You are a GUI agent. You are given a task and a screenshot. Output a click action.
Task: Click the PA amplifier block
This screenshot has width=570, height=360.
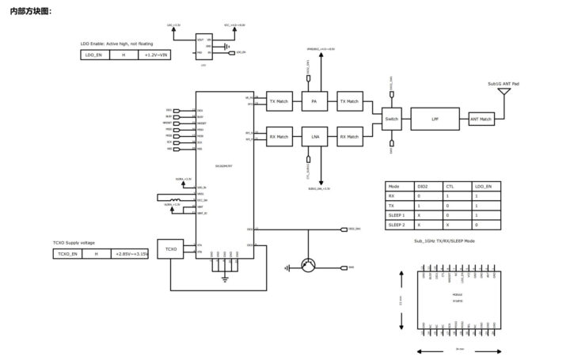[x=314, y=102]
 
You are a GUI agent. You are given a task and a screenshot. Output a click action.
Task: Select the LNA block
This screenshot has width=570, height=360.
[x=314, y=137]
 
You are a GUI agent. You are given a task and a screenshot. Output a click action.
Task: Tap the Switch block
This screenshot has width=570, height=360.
[x=392, y=119]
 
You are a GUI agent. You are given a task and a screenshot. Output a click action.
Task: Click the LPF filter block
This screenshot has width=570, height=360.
[x=435, y=119]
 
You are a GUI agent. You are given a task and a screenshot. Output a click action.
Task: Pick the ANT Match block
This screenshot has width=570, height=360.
[x=481, y=119]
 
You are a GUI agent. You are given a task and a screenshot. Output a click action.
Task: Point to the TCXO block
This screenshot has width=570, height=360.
[x=170, y=249]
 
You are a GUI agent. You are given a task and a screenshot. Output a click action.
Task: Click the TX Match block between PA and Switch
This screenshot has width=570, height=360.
[x=349, y=102]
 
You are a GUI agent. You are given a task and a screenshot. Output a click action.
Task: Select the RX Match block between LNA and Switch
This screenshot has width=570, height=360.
[x=349, y=137]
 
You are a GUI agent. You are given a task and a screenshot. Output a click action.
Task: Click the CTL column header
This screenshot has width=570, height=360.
[x=450, y=185]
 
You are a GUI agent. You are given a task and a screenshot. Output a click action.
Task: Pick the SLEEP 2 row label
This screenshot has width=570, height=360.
[x=398, y=225]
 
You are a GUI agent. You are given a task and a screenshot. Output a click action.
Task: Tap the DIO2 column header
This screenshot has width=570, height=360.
[x=424, y=185]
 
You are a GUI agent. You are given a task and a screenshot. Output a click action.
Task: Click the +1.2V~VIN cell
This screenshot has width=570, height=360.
[x=153, y=55]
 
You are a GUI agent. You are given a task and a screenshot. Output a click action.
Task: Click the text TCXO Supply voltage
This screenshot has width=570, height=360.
[x=74, y=242]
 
